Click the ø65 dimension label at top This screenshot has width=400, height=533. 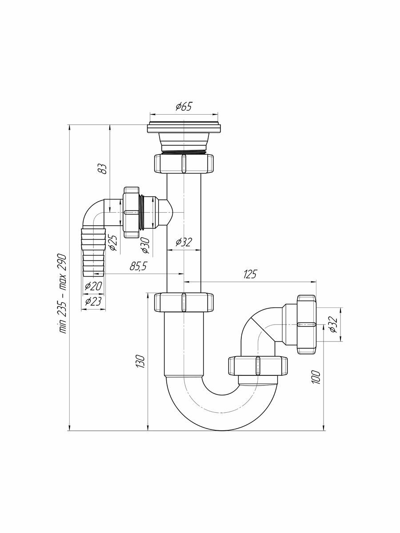point(183,107)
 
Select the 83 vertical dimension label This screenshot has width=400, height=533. point(103,169)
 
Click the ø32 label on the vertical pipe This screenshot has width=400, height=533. point(183,242)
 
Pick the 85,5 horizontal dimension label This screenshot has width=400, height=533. point(138,266)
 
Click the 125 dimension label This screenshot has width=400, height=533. point(250,274)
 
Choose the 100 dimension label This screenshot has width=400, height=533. point(316,377)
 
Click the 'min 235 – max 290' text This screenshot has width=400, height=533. point(62,293)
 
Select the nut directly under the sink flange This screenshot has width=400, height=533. point(184,163)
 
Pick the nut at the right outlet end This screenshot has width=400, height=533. point(307,324)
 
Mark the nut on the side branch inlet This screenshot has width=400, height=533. point(131,212)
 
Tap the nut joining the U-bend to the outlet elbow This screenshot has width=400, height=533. point(257,366)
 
